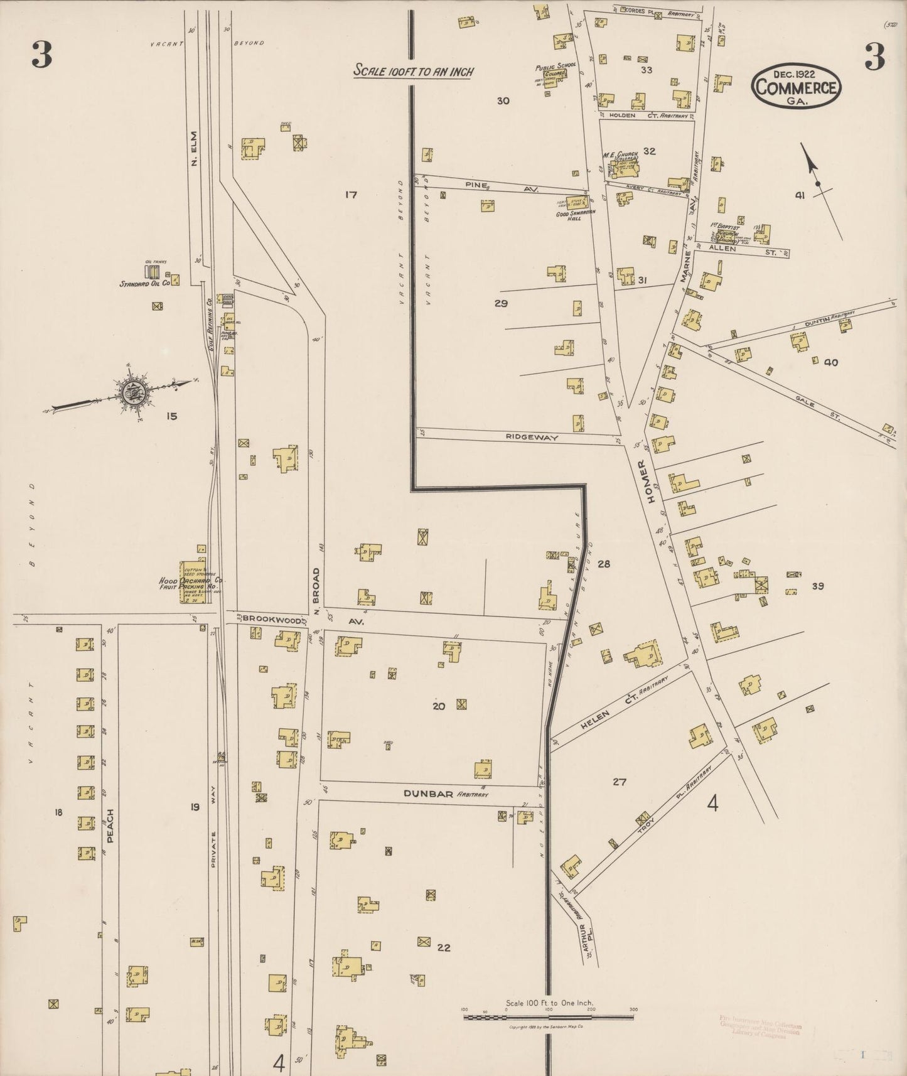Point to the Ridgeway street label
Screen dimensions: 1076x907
pyautogui.click(x=532, y=438)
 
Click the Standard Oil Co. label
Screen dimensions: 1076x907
pyautogui.click(x=145, y=284)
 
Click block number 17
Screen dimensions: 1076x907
pyautogui.click(x=350, y=195)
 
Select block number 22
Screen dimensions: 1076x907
pyautogui.click(x=444, y=948)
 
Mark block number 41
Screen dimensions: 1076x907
pyautogui.click(x=799, y=195)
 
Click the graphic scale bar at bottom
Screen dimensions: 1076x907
pyautogui.click(x=548, y=1016)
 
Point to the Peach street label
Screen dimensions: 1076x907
pyautogui.click(x=110, y=826)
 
